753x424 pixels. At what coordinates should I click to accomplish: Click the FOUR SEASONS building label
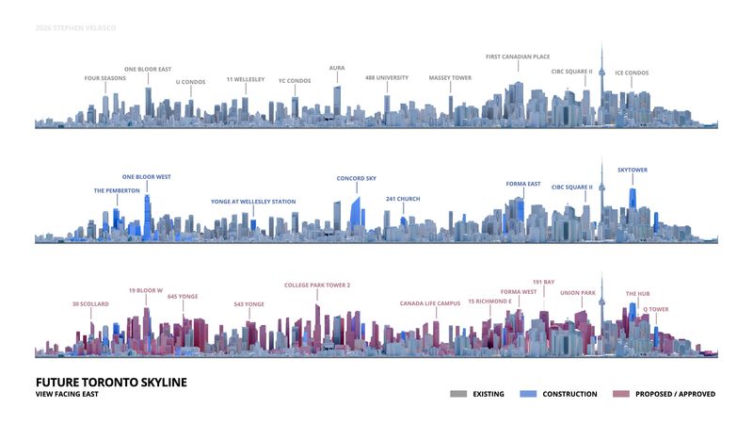coord(105,78)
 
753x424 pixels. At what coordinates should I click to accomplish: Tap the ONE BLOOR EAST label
coord(148,69)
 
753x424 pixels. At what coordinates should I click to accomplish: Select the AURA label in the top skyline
coord(337,68)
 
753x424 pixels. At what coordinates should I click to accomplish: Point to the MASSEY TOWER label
coord(450,78)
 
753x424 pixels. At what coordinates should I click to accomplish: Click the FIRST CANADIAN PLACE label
coord(518,57)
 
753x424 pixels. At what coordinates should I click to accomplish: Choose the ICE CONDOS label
coord(632,73)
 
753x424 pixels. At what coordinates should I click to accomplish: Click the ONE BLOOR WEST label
coord(147,177)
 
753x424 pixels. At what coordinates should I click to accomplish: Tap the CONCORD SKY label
coord(357,178)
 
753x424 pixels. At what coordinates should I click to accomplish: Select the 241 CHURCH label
coord(403,199)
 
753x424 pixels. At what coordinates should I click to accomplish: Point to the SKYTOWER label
coord(633,171)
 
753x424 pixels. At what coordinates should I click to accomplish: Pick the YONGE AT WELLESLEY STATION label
coord(253,202)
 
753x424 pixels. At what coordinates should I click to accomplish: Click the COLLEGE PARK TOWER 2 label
coord(317,285)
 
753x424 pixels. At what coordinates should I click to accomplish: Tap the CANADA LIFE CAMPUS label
coord(430,303)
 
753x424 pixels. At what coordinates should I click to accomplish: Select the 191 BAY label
coord(544,282)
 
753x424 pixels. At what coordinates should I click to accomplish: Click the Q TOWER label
coord(656,310)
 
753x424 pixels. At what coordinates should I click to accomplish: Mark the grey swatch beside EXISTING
coord(458,394)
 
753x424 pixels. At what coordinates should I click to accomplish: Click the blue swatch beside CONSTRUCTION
coord(528,394)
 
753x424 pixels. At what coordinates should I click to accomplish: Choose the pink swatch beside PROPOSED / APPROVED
coord(621,394)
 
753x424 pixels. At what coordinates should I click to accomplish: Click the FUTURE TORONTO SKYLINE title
coord(111,383)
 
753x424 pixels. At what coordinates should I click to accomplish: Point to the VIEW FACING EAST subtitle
coord(67,394)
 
